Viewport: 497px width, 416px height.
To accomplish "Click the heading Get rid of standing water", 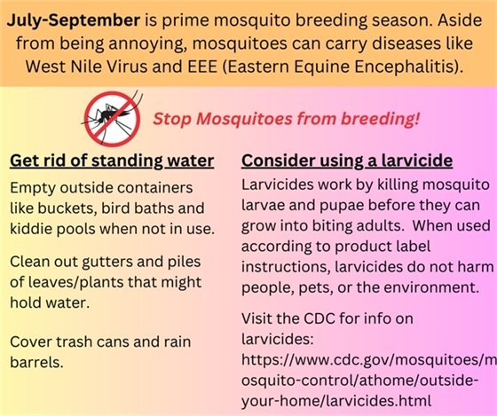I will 111,161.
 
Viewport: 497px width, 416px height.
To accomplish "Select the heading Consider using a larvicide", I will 347,161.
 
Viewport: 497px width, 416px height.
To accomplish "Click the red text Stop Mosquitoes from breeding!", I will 286,119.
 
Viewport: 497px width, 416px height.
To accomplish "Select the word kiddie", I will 34,230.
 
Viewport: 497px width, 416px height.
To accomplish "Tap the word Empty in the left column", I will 32,191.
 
